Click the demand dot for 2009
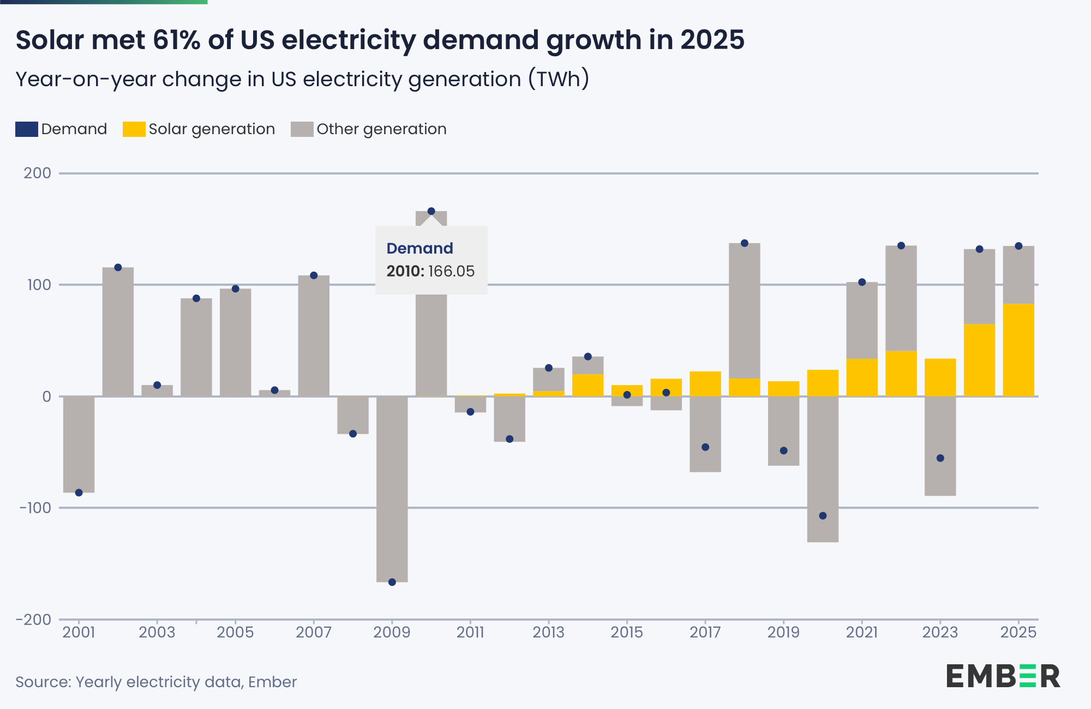pos(392,582)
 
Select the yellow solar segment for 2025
pos(1018,350)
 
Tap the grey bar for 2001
pos(79,444)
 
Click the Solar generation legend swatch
pos(134,129)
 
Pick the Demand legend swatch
pos(26,129)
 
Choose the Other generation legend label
pos(381,129)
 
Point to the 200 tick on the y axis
pos(38,173)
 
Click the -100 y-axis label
pos(35,508)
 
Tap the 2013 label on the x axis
pos(548,632)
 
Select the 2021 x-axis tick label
pos(862,632)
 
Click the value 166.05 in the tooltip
pos(451,271)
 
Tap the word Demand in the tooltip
pos(419,248)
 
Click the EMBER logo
pos(1003,676)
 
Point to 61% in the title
pos(176,40)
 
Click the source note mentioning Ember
pos(156,682)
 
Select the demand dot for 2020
pos(823,515)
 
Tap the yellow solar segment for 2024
pos(979,360)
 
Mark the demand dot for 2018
pos(745,243)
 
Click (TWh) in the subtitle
pos(559,79)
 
